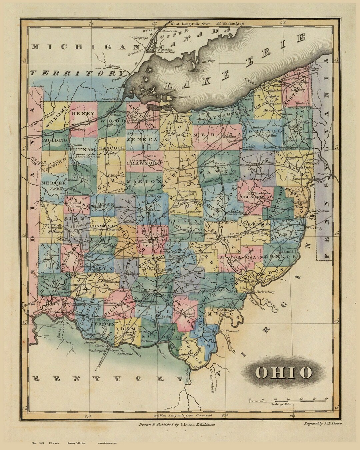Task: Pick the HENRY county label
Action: [x=84, y=113]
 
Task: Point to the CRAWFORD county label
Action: [x=144, y=163]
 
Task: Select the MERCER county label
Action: [x=54, y=183]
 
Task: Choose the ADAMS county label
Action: [x=124, y=329]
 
